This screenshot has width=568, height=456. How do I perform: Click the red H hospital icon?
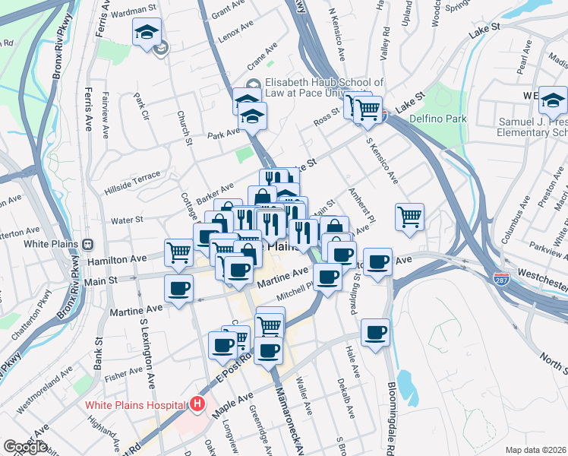pos(198,404)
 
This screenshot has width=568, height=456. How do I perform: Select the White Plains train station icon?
pos(89,245)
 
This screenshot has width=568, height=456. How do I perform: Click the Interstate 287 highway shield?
pos(500,279)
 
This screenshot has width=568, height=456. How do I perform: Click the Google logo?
pos(25,447)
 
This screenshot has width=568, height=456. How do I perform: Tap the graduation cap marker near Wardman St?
pos(147,33)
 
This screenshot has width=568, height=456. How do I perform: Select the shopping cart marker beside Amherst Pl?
pos(409,217)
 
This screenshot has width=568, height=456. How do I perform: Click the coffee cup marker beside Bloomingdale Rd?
pos(375,333)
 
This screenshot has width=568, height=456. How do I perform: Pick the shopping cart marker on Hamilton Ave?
pos(179,251)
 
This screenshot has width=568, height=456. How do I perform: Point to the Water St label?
pos(127,220)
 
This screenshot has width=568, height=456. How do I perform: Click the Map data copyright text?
pos(536,450)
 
